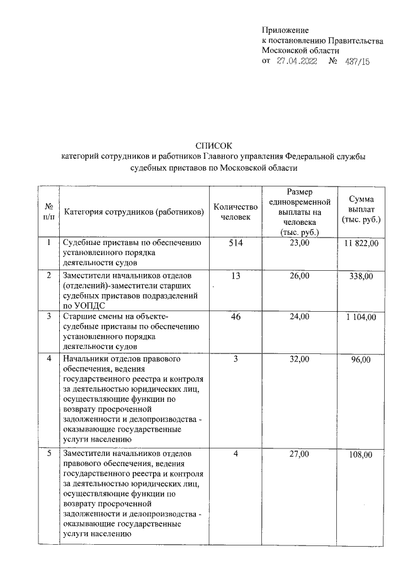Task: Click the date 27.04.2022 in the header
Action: coord(297,61)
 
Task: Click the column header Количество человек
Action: coord(236,212)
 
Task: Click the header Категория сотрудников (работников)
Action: coord(134,212)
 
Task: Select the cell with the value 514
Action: coord(236,243)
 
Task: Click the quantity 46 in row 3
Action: coord(236,316)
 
